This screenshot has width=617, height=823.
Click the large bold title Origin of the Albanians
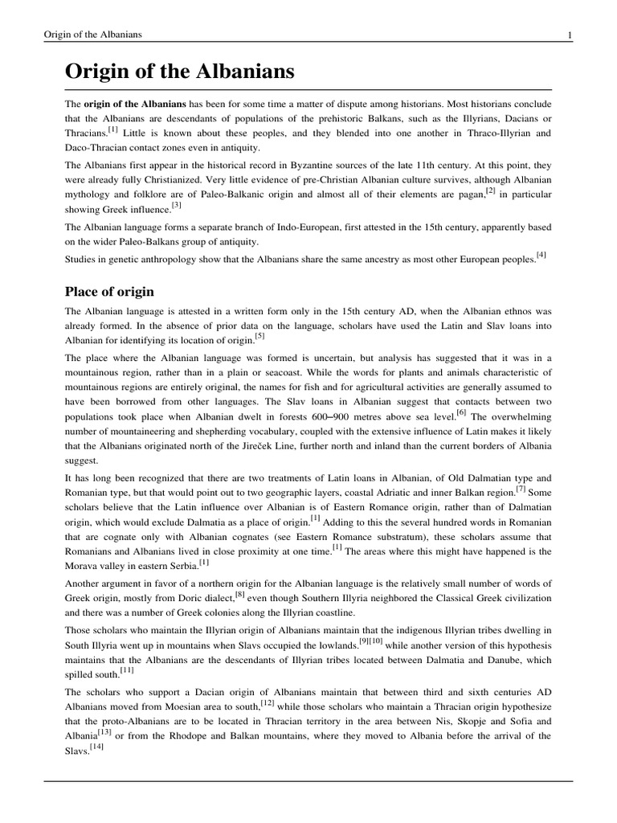179,73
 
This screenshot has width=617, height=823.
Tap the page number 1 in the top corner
569,35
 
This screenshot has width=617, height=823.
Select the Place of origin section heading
109,291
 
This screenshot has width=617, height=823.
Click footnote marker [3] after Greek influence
178,206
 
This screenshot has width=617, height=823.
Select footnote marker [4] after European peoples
541,256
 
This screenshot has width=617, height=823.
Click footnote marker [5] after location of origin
259,336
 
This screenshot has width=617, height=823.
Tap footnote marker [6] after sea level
461,412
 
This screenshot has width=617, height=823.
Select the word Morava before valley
82,566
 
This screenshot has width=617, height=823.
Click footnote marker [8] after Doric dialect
239,594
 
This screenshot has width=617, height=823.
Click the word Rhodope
193,736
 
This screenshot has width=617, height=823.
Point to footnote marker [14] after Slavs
96,747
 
